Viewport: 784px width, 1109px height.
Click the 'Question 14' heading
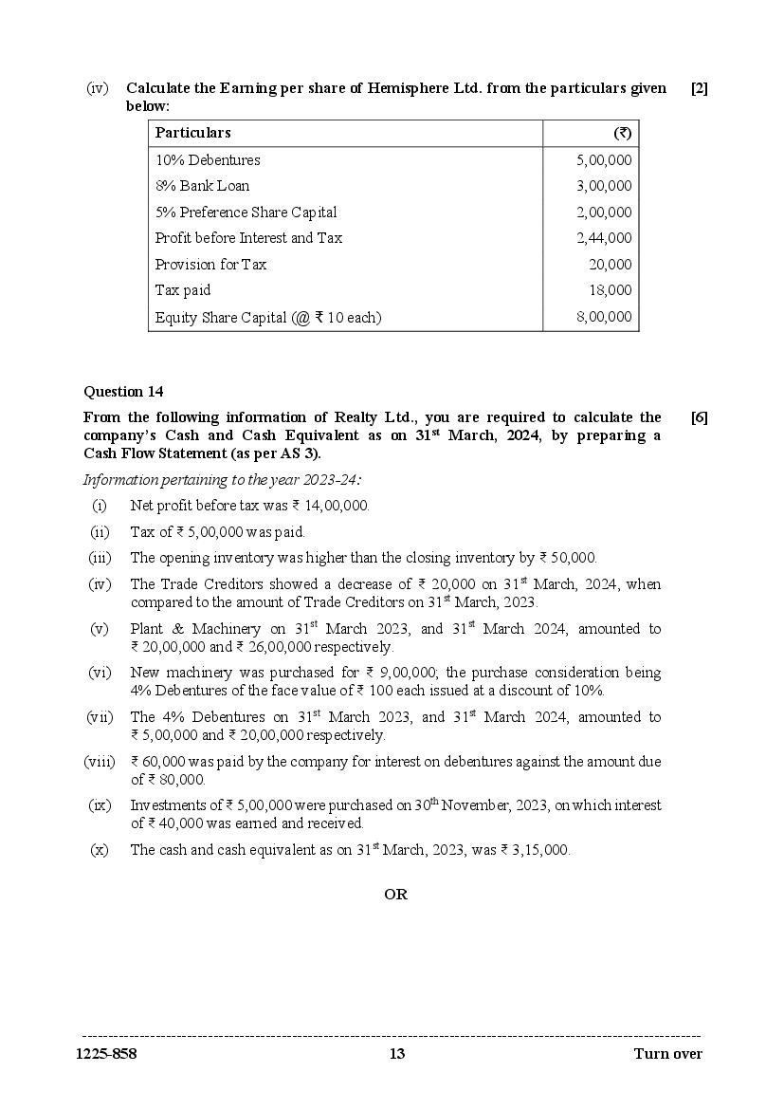click(x=123, y=391)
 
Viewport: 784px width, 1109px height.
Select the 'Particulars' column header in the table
click(x=192, y=133)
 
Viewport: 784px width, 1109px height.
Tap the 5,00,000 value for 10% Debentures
click(x=604, y=160)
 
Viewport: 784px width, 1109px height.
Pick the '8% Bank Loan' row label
click(x=203, y=186)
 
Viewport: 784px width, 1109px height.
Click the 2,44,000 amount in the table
click(x=604, y=238)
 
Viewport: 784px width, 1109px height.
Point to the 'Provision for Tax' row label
click(x=211, y=265)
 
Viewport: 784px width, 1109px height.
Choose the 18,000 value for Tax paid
click(x=611, y=290)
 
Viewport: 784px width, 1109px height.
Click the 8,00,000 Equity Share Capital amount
click(x=604, y=317)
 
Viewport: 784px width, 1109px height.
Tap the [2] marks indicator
click(x=699, y=88)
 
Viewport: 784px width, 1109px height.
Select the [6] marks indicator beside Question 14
click(x=699, y=417)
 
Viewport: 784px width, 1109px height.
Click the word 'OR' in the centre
click(x=395, y=895)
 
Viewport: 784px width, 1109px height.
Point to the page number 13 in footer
click(x=396, y=1054)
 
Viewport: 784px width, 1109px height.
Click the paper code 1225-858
click(x=110, y=1054)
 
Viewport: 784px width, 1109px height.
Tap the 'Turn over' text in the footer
click(x=668, y=1054)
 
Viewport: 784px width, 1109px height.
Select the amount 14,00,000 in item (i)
click(x=336, y=506)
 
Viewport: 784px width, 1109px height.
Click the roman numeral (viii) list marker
click(x=98, y=762)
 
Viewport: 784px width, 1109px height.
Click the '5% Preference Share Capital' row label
click(x=246, y=213)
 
